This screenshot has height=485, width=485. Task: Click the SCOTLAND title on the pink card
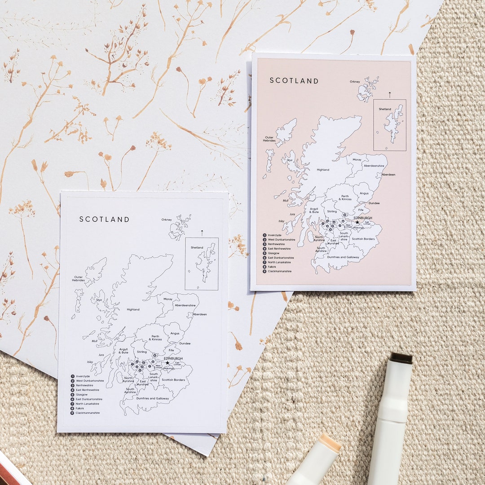tap(294, 81)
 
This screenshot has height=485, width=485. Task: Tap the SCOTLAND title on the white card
tap(104, 219)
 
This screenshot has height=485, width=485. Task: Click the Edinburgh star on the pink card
tap(357, 222)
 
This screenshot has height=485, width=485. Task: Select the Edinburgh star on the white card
tap(168, 362)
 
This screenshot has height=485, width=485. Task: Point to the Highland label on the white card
tap(133, 309)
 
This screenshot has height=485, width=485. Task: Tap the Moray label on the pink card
tap(357, 159)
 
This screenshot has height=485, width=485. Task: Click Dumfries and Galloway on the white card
tap(153, 398)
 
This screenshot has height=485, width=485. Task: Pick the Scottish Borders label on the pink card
tap(363, 239)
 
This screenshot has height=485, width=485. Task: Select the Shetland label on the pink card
tap(385, 109)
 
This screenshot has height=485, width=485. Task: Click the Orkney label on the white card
tap(167, 220)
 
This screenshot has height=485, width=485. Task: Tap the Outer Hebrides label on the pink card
tap(269, 139)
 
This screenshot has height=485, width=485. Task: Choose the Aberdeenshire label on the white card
tap(185, 305)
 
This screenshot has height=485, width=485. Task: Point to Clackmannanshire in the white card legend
tap(88, 413)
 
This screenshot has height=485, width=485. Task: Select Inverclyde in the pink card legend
tap(274, 235)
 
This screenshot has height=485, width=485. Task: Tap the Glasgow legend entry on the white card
tap(82, 394)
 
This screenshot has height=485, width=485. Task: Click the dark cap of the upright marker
tap(401, 358)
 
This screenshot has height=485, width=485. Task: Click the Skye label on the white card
tap(99, 300)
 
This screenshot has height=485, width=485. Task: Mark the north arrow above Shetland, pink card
tap(390, 94)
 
